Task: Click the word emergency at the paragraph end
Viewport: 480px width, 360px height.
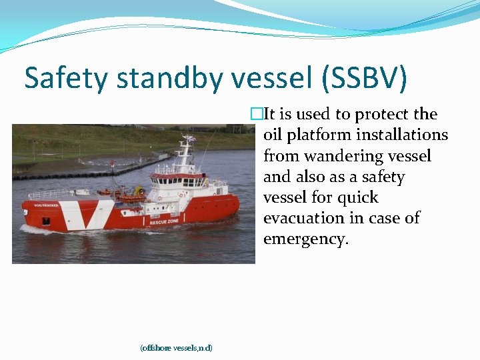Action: tap(305, 239)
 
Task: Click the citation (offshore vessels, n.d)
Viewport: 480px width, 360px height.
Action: tap(176, 347)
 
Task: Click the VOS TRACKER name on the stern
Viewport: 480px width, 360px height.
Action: tap(46, 205)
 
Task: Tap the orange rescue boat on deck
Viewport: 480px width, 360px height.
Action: tap(130, 197)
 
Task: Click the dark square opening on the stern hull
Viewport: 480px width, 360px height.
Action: tap(45, 219)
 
